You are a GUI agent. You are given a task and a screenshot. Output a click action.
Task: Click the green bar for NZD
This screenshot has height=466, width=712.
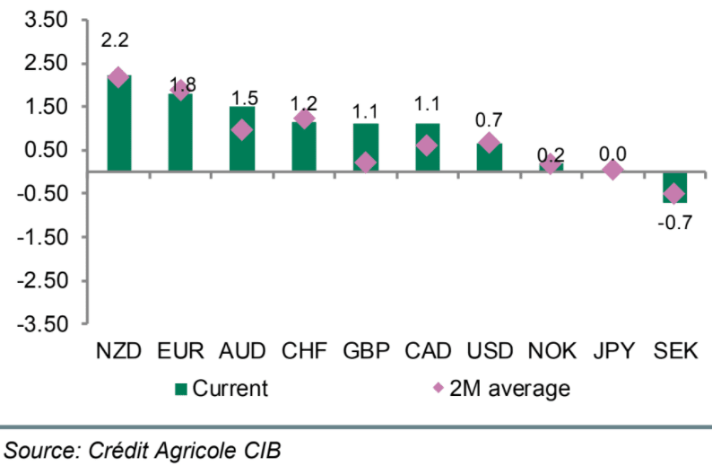118,126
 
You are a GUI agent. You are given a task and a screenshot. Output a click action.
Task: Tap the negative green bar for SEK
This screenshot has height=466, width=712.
674,187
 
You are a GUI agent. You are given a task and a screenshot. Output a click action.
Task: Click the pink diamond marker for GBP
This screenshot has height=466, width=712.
365,163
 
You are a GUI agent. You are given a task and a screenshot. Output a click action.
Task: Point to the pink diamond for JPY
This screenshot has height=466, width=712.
612,170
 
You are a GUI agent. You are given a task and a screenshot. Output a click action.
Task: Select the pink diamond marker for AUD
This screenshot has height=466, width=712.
242,130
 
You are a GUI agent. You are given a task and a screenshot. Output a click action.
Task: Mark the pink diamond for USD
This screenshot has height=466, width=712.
489,143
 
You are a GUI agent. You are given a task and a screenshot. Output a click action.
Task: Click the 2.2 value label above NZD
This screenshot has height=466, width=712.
117,42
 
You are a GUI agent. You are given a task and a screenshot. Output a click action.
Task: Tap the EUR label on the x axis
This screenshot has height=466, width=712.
180,350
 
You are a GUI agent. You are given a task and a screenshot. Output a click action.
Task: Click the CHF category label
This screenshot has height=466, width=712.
304,350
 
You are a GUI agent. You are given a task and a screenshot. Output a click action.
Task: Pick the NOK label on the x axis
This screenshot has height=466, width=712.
551,350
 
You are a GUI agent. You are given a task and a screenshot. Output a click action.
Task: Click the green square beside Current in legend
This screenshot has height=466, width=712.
180,389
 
